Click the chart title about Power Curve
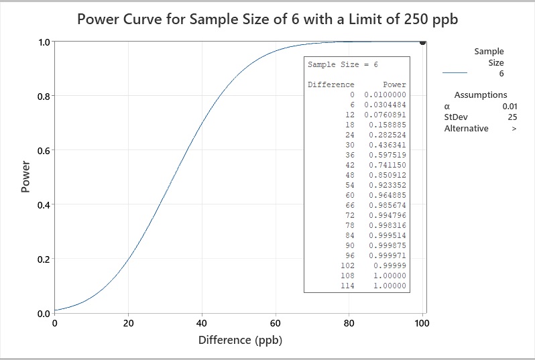point(267,18)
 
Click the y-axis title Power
point(26,178)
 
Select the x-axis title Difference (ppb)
point(240,340)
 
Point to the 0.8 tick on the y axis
point(43,96)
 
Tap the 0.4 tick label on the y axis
point(43,204)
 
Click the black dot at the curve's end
point(422,42)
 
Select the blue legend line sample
point(455,73)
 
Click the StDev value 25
point(512,117)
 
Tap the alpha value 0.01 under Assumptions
point(510,106)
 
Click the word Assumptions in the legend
point(481,95)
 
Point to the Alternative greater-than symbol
point(514,129)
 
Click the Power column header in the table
point(394,85)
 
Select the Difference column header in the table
point(331,85)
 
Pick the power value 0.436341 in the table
point(387,145)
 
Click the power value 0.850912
point(387,175)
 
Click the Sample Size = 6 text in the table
point(343,65)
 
